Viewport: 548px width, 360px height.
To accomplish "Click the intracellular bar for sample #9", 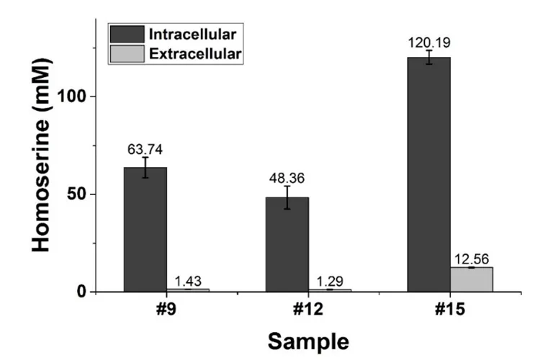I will point(145,230).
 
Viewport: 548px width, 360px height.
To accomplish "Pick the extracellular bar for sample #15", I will point(472,279).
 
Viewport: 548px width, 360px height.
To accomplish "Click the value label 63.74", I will point(145,150).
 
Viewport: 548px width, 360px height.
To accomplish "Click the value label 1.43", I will point(187,281).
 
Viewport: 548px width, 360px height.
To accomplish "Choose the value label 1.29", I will point(329,281).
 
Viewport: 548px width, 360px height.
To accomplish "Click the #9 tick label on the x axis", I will point(166,310).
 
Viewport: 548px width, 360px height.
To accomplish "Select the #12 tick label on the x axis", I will point(308,310).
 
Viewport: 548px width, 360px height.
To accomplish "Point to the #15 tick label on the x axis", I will point(450,310).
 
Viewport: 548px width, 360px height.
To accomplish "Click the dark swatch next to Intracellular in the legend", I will point(126,34).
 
